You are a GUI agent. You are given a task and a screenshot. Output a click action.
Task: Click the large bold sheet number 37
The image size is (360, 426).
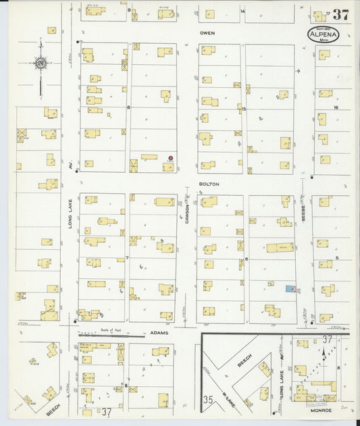[x=340, y=15]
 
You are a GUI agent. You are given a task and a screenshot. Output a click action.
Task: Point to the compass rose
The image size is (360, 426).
[x=41, y=65]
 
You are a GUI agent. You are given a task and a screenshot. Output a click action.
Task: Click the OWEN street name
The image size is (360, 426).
[x=207, y=32]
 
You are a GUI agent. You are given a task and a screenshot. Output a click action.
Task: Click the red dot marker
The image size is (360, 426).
[x=170, y=158]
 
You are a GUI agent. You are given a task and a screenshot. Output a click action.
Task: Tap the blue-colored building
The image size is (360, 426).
[x=290, y=288]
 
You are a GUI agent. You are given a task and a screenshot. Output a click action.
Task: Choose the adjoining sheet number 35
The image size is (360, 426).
[x=209, y=400]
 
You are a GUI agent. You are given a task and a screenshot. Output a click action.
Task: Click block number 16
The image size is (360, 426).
[x=335, y=107]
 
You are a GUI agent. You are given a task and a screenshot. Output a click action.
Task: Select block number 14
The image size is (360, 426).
[x=242, y=11]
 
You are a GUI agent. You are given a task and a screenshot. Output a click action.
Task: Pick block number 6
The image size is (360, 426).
[x=247, y=259]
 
